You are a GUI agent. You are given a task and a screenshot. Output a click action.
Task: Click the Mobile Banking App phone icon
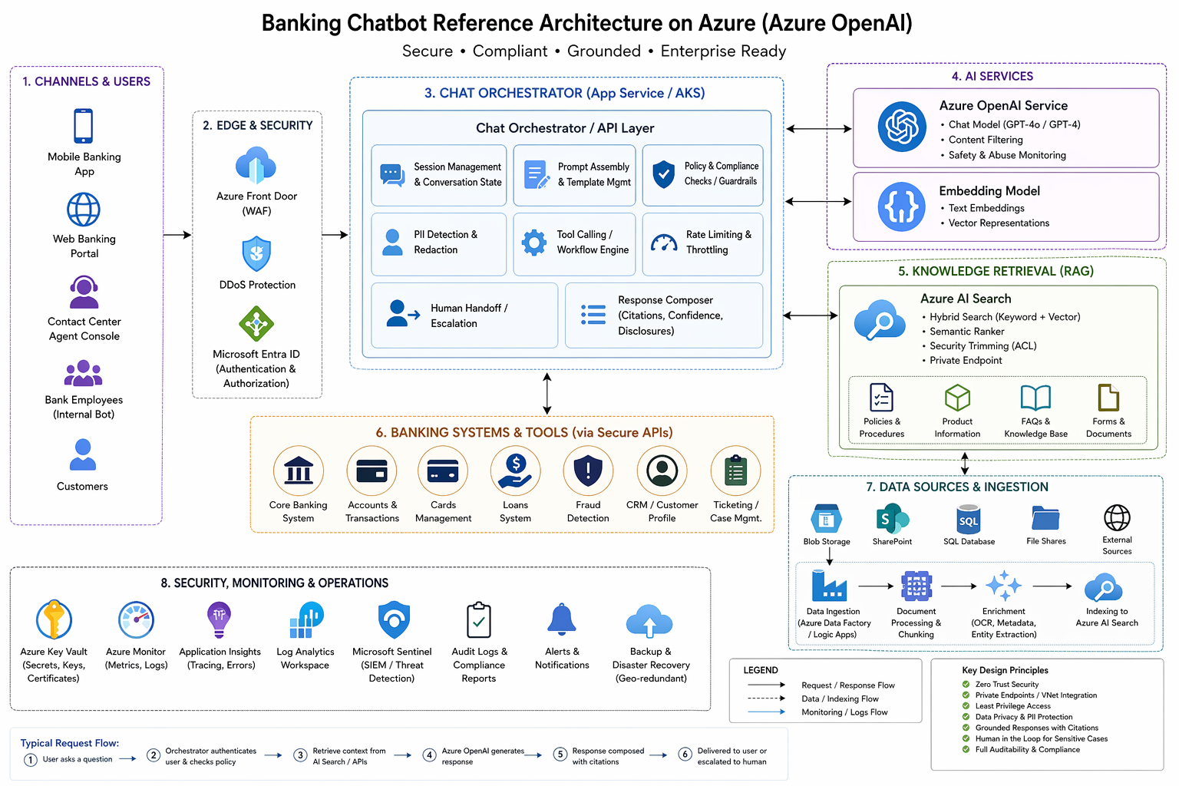coord(84,126)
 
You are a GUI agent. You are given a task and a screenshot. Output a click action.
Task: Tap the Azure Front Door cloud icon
coord(256,166)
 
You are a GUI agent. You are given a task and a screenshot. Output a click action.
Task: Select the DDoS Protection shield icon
coord(256,254)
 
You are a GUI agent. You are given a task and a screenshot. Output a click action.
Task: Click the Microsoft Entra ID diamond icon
coord(256,324)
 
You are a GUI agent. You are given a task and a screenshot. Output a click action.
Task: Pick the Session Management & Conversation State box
coord(439,175)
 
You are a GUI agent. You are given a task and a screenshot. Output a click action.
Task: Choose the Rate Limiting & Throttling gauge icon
coord(664,243)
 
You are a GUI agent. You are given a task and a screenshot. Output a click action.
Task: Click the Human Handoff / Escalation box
coord(464,315)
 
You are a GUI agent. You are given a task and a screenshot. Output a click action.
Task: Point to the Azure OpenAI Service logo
coord(902,127)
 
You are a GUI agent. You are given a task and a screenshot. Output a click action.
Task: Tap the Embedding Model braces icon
coord(902,207)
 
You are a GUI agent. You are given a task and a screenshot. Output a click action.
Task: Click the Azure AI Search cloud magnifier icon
coord(880,320)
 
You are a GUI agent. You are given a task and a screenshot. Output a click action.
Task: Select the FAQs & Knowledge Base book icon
coord(1035,398)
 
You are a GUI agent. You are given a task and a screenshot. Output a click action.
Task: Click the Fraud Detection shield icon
coord(588,471)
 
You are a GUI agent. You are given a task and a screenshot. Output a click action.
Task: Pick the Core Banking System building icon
coord(298,471)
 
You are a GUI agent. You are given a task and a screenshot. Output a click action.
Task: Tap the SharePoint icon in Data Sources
coord(892,519)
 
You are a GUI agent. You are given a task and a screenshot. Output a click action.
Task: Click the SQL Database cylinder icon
coord(969,520)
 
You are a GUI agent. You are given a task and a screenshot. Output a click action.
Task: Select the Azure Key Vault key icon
coord(54,619)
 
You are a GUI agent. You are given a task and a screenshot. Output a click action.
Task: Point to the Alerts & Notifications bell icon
coord(562,619)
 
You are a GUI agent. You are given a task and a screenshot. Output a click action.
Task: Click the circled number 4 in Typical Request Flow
coord(430,755)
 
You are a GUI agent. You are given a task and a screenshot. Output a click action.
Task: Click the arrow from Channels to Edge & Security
coord(177,235)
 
